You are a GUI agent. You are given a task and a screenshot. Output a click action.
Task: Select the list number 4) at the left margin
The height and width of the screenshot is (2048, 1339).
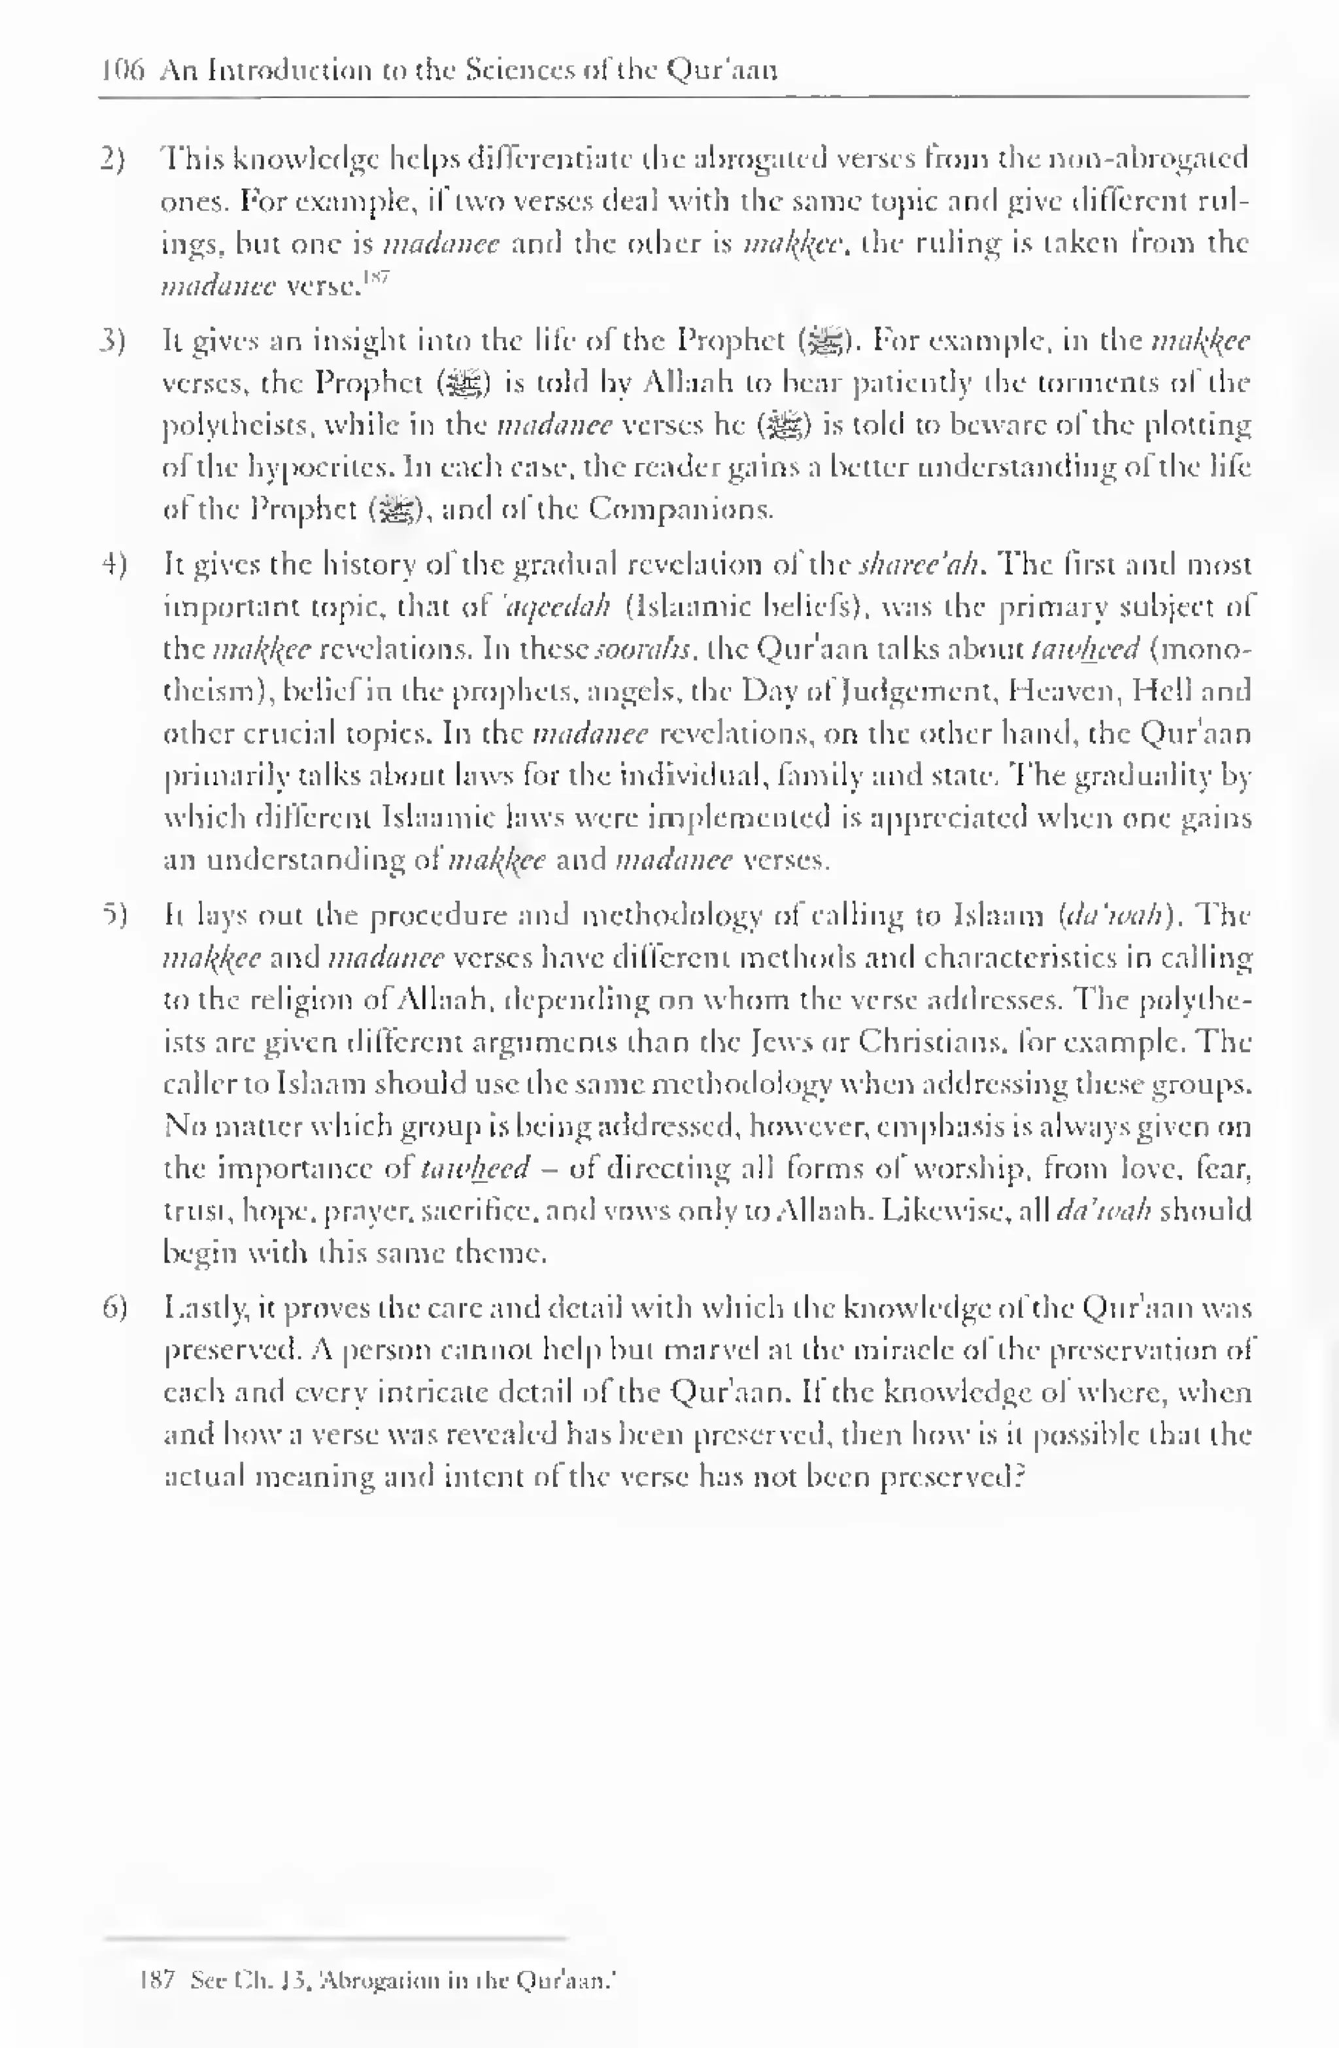114,566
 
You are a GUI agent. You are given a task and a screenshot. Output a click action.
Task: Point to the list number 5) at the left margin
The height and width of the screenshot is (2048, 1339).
114,915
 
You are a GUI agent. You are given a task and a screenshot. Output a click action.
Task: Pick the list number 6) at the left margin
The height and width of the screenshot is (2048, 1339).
114,1309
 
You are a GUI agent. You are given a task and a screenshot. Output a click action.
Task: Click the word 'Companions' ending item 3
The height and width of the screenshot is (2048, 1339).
680,510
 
